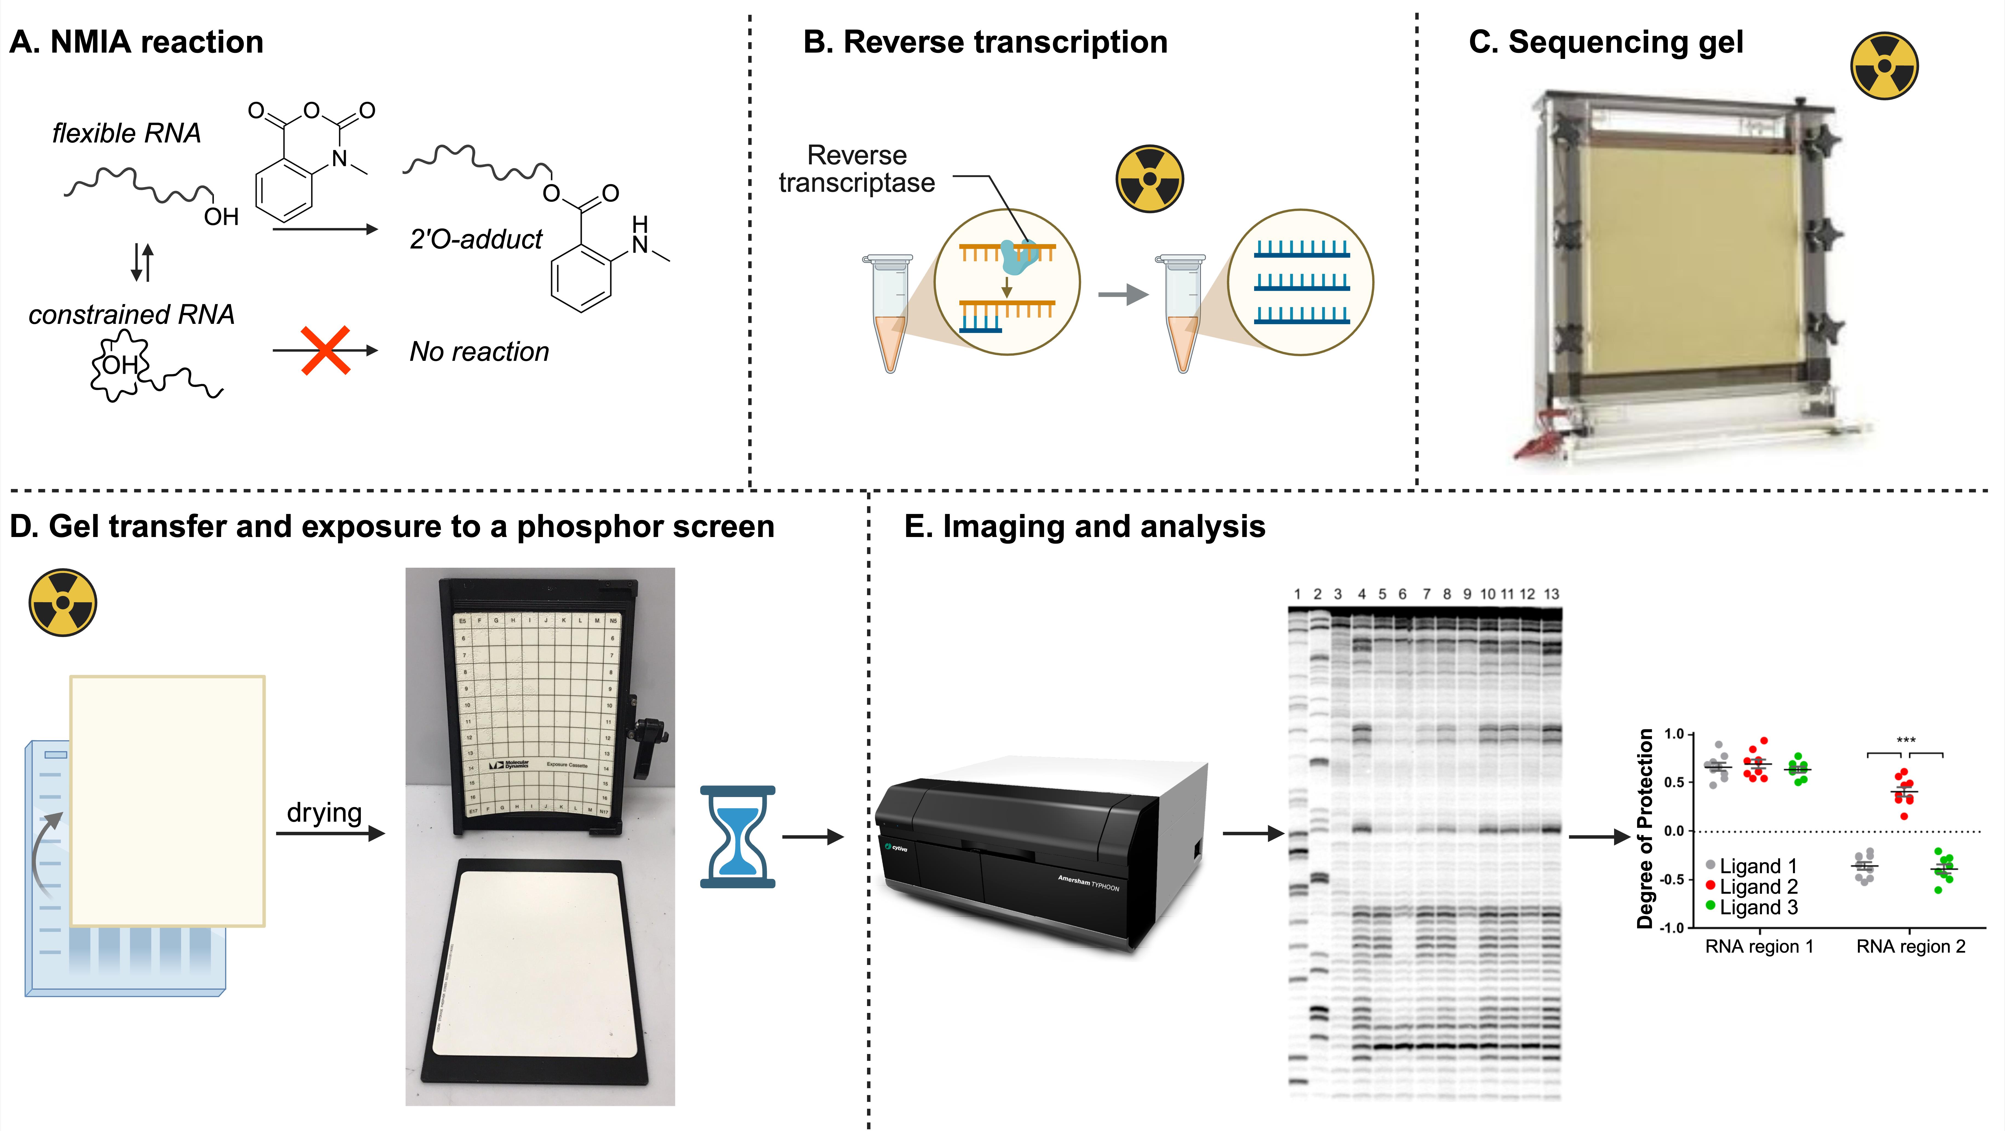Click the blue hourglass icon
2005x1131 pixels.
coord(737,837)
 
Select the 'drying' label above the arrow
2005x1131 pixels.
coord(324,812)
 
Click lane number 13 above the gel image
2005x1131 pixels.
coord(1551,594)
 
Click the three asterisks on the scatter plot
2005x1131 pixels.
coord(1905,739)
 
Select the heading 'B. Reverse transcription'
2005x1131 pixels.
coord(985,42)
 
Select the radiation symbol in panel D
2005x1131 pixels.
coord(63,602)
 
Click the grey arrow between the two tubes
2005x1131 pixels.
coord(1123,294)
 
